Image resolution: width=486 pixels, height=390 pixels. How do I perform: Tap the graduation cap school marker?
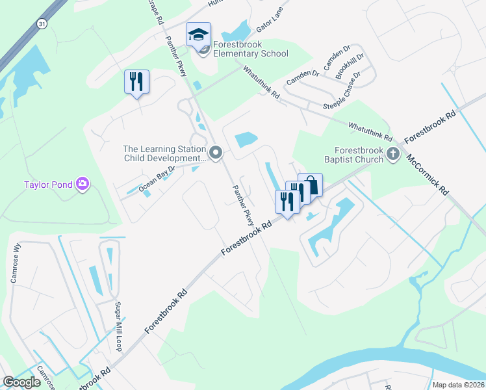199,35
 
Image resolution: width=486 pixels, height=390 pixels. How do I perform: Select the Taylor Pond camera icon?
83,184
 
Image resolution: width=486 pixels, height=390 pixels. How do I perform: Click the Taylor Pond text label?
47,185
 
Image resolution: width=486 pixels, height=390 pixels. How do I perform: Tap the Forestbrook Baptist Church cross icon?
392,154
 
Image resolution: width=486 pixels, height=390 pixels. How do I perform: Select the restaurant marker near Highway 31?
136,83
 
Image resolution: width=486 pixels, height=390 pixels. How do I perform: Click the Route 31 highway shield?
42,23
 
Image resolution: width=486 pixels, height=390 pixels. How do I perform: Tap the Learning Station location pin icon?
216,153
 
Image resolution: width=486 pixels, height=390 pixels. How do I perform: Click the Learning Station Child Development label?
164,153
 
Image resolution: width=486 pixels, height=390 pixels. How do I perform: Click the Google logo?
22,382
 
